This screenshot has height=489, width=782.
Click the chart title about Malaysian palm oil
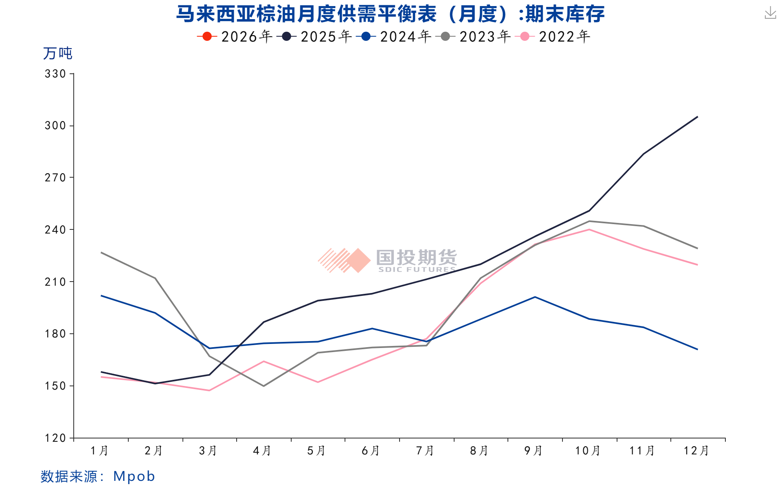click(390, 14)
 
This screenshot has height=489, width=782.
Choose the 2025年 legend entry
click(314, 37)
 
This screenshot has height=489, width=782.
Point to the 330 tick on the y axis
click(55, 74)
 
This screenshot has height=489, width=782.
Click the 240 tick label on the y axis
click(55, 230)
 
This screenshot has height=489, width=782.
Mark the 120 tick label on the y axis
click(55, 438)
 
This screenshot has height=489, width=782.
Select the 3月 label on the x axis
click(208, 451)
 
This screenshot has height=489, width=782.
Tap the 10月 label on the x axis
click(588, 451)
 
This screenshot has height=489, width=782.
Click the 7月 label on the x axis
click(425, 451)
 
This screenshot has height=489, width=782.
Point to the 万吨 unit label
click(57, 53)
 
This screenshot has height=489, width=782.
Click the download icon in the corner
click(770, 13)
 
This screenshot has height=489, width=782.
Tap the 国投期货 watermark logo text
click(416, 258)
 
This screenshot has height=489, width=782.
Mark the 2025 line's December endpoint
click(697, 117)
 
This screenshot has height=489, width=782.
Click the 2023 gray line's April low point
click(264, 386)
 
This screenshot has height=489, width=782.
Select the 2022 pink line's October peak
click(589, 229)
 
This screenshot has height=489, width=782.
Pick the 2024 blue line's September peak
click(535, 297)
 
